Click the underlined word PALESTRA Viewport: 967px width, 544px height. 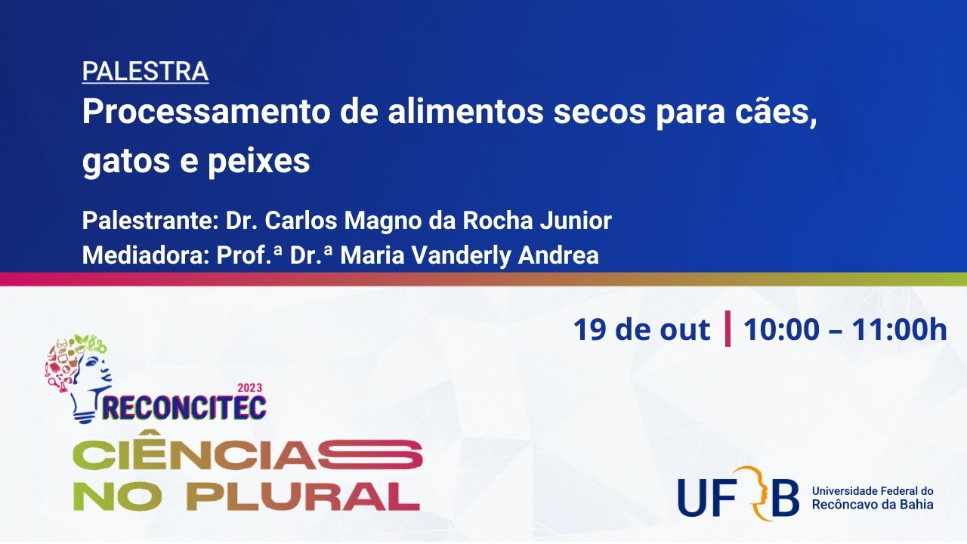tap(145, 71)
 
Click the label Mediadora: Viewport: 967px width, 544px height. tap(144, 255)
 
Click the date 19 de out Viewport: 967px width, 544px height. tap(641, 330)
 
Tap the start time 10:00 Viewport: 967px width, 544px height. tap(781, 330)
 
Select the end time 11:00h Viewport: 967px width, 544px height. tap(899, 330)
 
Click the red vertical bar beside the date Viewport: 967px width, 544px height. tap(728, 329)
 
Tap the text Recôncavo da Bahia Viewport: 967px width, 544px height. tap(872, 504)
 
